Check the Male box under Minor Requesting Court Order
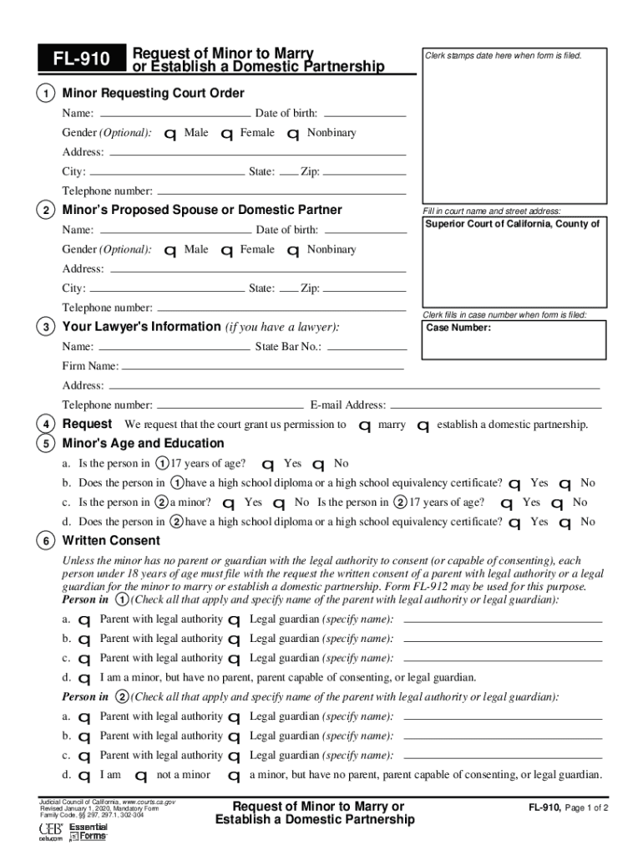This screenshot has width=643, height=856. click(x=170, y=135)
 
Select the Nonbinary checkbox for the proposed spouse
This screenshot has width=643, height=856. click(x=293, y=251)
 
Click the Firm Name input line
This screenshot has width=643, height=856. click(x=262, y=366)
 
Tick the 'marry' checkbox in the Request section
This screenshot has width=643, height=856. click(x=364, y=426)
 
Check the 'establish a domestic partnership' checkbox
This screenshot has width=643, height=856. click(x=423, y=426)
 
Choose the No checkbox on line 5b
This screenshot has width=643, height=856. click(x=565, y=484)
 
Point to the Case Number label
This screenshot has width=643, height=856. click(x=458, y=328)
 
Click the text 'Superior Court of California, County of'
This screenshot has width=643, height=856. click(x=512, y=224)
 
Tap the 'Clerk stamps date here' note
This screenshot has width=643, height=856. click(x=503, y=55)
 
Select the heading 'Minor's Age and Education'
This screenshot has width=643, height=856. click(x=143, y=443)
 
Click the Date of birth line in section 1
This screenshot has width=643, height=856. click(x=363, y=114)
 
